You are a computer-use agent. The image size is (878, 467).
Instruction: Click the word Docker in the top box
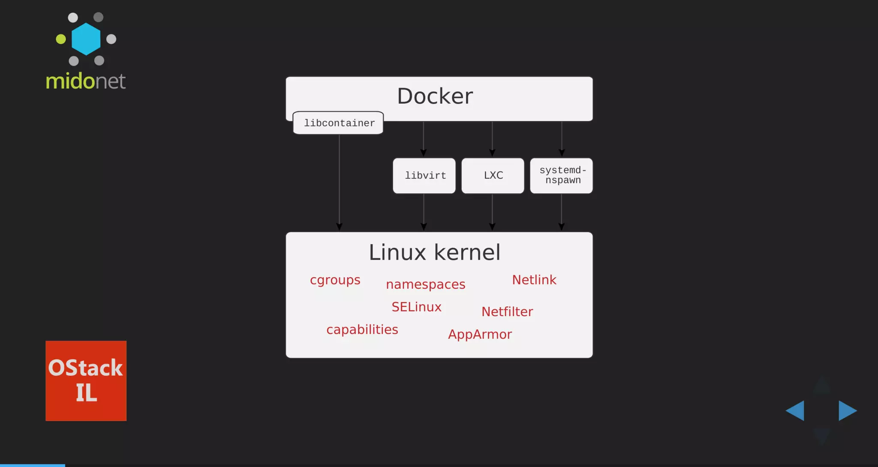435,96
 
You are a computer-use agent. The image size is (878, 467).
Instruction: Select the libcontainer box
338,123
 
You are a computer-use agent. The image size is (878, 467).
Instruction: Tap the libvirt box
424,176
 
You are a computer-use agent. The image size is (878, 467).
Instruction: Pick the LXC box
493,176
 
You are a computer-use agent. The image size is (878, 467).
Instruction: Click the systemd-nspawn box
562,176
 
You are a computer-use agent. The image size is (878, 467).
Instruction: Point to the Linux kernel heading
434,252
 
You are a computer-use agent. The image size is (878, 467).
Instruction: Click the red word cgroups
335,280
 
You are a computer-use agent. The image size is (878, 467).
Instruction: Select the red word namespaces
425,284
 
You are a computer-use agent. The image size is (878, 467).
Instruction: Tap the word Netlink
534,280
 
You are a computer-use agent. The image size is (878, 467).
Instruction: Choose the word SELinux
416,307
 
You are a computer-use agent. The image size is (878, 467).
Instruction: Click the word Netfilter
507,311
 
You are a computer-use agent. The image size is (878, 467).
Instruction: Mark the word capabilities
362,329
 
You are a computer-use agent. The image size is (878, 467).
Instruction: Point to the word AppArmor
480,334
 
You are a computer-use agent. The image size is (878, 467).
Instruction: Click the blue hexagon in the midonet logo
86,39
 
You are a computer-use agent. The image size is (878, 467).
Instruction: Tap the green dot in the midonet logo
61,39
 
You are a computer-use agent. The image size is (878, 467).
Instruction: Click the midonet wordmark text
86,81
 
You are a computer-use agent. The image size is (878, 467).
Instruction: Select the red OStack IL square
86,380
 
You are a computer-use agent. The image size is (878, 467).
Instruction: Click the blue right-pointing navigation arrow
847,410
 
